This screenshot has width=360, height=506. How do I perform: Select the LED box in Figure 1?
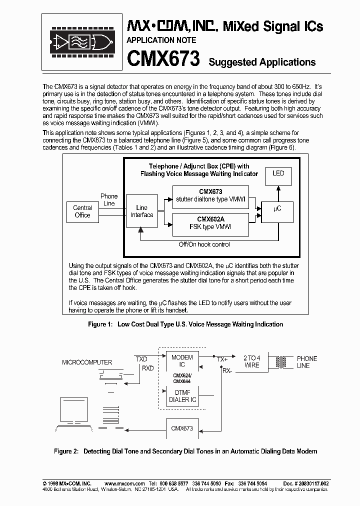click(x=278, y=173)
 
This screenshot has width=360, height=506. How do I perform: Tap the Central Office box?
click(x=82, y=211)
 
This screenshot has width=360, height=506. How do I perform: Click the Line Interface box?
click(x=142, y=211)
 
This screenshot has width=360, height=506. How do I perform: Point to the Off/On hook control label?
click(x=204, y=244)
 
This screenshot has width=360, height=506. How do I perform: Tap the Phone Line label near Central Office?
click(x=109, y=199)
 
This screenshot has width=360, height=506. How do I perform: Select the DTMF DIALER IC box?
click(x=182, y=396)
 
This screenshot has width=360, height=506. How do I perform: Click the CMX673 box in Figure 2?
click(x=182, y=429)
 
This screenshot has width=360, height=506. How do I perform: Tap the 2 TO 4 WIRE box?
click(x=252, y=361)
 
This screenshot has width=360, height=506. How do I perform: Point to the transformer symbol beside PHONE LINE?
click(x=281, y=362)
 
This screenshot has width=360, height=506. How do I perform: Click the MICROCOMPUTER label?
click(x=87, y=362)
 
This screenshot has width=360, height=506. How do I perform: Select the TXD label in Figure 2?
click(x=141, y=359)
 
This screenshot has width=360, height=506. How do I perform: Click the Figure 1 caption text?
click(x=185, y=324)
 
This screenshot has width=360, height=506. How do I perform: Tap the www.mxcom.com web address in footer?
click(x=124, y=484)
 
